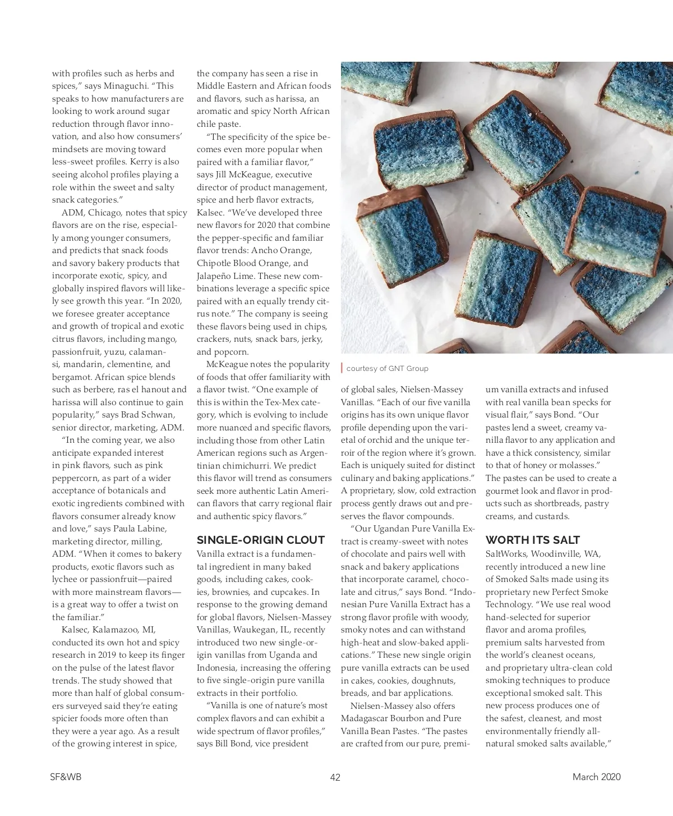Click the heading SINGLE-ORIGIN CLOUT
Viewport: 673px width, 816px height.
261,540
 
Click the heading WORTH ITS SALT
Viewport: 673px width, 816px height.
533,540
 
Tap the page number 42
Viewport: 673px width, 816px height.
335,777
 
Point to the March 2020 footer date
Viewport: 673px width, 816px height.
596,777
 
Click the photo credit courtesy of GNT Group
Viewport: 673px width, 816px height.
387,368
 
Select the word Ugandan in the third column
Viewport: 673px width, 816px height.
392,529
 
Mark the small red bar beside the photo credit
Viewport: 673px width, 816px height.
342,368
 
